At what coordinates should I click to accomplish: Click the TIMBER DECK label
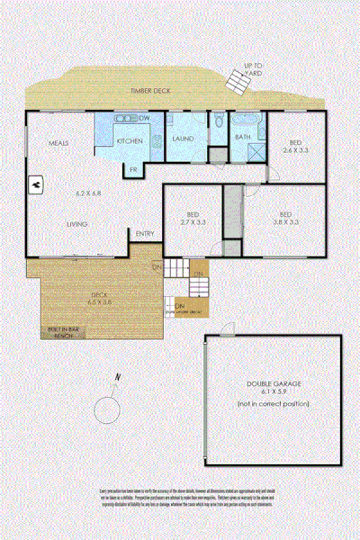point(150,91)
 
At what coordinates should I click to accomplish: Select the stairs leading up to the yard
point(238,83)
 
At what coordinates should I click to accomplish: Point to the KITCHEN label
point(130,141)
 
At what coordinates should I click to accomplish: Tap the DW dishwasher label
point(144,119)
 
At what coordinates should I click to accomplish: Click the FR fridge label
point(132,169)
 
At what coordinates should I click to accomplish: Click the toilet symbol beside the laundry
point(219,121)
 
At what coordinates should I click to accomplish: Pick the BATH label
point(242,137)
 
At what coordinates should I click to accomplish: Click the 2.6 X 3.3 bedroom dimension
point(296,149)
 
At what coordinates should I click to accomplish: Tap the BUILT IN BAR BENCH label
point(62,332)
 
